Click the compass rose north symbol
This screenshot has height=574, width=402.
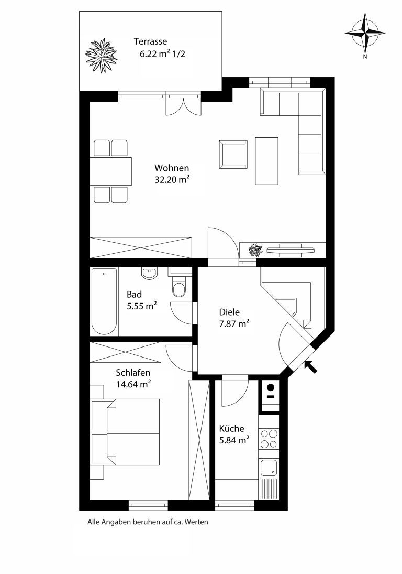[x=365, y=34]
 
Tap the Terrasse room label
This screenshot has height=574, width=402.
[x=150, y=41]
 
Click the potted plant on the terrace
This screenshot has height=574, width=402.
[x=101, y=55]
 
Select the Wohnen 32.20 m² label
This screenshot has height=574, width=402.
[x=172, y=174]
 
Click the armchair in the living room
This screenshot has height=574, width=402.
[x=233, y=155]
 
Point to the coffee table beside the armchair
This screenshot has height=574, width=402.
[x=266, y=161]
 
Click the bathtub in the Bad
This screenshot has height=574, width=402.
[x=104, y=301]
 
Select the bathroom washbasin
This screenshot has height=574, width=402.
[x=149, y=273]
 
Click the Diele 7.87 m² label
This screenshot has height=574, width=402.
[x=234, y=318]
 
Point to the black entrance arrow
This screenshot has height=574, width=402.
[x=310, y=366]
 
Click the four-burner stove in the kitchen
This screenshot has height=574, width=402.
[x=269, y=439]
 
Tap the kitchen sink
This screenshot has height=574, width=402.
[x=269, y=468]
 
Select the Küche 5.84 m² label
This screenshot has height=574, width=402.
[x=234, y=434]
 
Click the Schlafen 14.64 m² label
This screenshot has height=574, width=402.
[x=133, y=378]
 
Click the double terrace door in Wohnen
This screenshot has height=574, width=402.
[x=183, y=105]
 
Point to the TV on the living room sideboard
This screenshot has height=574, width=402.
[x=291, y=249]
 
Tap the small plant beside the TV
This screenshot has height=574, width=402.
[x=255, y=251]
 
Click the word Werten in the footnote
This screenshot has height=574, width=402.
[x=196, y=522]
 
